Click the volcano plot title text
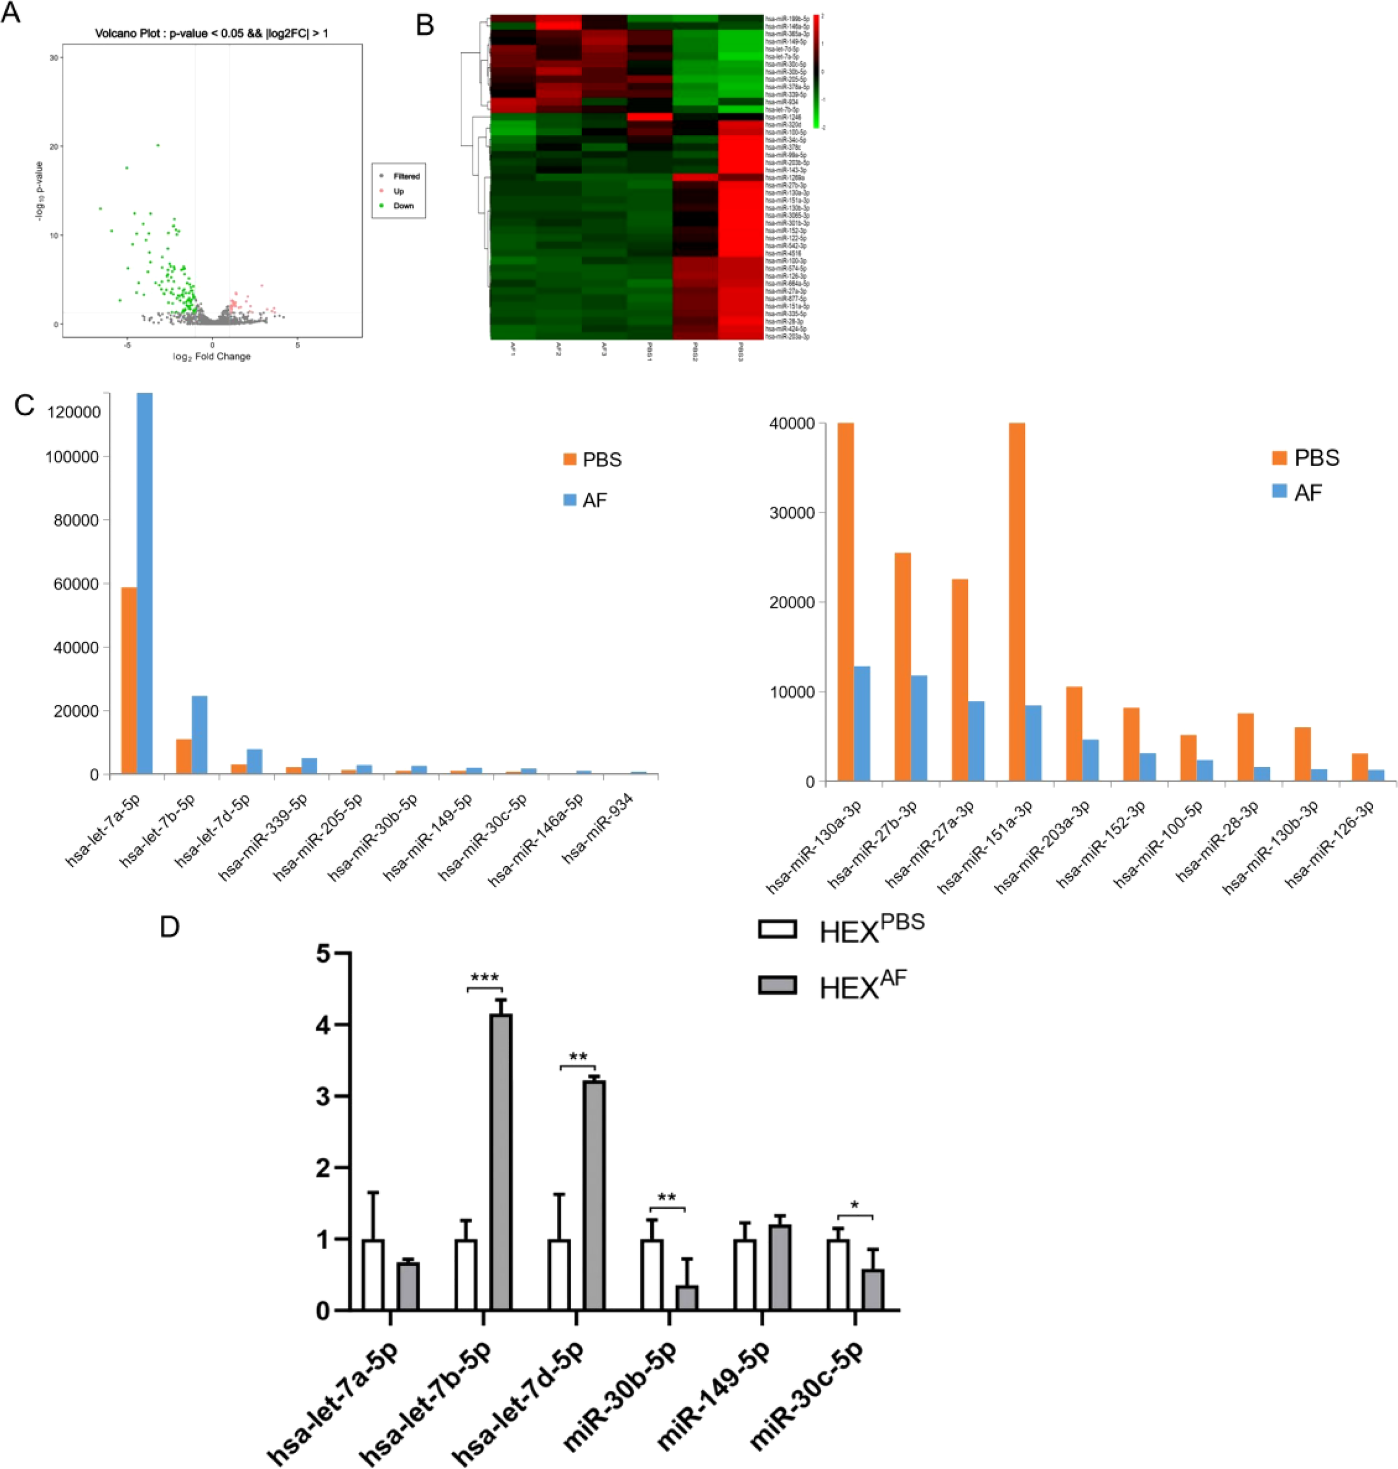pyautogui.click(x=211, y=33)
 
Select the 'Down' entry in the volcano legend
pyautogui.click(x=403, y=206)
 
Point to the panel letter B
pyautogui.click(x=425, y=26)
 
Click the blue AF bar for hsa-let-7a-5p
pyautogui.click(x=144, y=581)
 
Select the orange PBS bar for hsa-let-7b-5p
pyautogui.click(x=184, y=756)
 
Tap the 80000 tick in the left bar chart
pyautogui.click(x=77, y=520)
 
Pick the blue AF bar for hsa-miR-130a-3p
pyautogui.click(x=862, y=723)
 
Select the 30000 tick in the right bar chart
pyautogui.click(x=792, y=513)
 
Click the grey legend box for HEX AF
pyautogui.click(x=777, y=985)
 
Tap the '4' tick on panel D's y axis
pyautogui.click(x=322, y=1025)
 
